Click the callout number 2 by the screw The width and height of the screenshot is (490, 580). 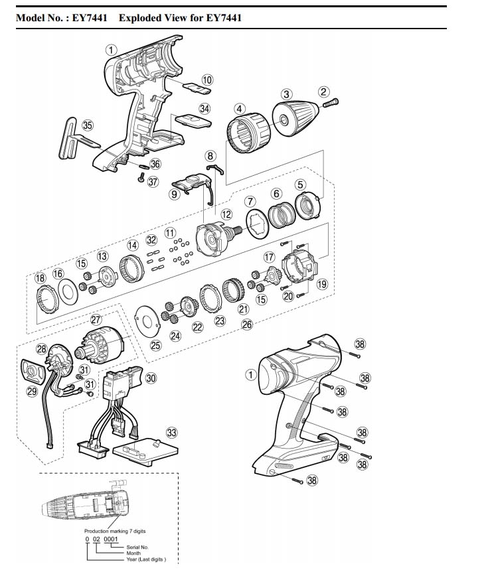[323, 92]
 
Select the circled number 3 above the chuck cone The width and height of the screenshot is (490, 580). [286, 94]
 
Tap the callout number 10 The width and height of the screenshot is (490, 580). [207, 80]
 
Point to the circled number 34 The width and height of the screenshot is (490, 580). [204, 108]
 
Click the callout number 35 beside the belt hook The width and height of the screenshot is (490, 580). [88, 125]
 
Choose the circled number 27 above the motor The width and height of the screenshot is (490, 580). [96, 320]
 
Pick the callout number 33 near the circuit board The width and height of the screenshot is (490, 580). [171, 433]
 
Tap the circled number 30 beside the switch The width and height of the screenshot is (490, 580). [151, 378]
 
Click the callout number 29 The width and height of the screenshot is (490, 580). [32, 391]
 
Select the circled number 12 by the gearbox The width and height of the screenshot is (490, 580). [226, 214]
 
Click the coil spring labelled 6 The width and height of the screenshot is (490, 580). [282, 217]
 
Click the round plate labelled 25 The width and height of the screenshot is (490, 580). [147, 322]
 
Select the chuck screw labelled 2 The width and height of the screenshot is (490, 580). [331, 102]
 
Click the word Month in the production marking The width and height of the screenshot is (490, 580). [133, 553]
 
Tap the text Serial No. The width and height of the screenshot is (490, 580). [137, 547]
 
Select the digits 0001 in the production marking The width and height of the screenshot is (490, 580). [110, 539]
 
